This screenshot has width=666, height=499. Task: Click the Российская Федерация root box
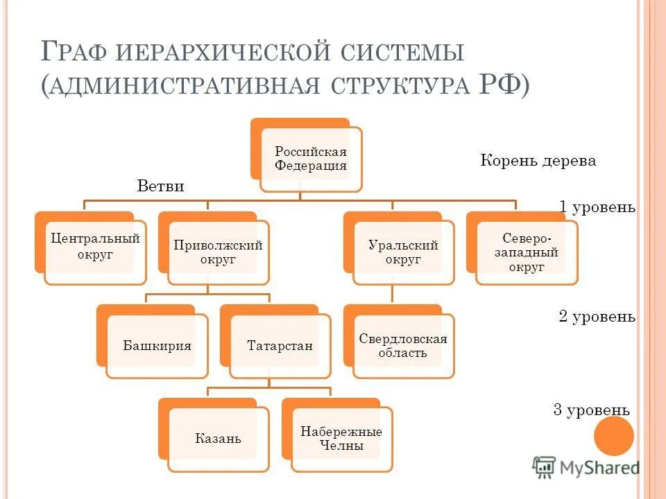[310, 159]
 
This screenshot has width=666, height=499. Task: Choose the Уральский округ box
[403, 252]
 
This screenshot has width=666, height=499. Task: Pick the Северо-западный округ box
[526, 252]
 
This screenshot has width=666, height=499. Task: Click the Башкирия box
[157, 345]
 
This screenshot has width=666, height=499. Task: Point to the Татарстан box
[280, 345]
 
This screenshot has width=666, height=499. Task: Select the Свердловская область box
[403, 345]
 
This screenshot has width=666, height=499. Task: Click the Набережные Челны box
[341, 438]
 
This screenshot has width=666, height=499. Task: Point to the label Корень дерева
[538, 161]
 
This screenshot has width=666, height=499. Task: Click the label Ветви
[161, 186]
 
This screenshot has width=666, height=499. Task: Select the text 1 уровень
[597, 207]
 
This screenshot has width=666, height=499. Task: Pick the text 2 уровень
[597, 317]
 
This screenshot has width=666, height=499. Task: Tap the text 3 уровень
[591, 410]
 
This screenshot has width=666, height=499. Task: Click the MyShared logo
[586, 467]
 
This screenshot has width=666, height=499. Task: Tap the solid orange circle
[614, 437]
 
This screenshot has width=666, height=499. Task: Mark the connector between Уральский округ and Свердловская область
[393, 295]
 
